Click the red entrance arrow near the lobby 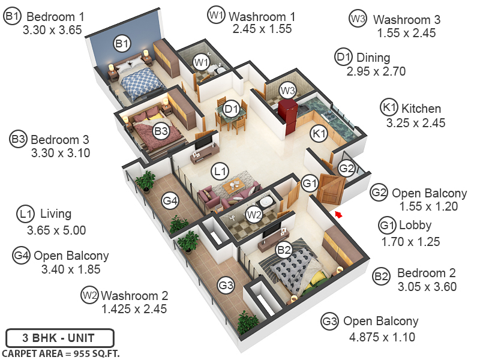(x=338, y=213)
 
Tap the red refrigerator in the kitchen (x=288, y=115)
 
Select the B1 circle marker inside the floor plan (x=122, y=43)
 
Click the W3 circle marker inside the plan (x=288, y=91)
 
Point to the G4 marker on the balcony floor (x=170, y=200)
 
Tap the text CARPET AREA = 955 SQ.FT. (x=61, y=353)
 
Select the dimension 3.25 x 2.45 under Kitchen (x=415, y=123)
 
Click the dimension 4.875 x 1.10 (x=382, y=337)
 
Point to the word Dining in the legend (x=373, y=58)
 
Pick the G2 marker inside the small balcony (x=346, y=169)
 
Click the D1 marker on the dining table (x=231, y=109)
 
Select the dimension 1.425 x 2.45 (x=134, y=309)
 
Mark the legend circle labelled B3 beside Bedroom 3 (x=19, y=139)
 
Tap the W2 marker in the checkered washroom (x=254, y=214)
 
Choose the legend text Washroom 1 (x=263, y=15)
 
